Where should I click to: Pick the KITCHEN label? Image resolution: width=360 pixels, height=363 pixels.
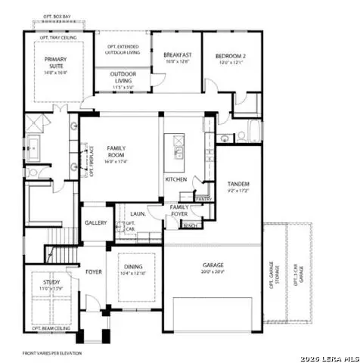pyautogui.click(x=176, y=179)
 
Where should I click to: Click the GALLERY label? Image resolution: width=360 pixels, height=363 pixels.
pyautogui.click(x=95, y=223)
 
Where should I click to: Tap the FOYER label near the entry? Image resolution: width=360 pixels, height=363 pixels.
pyautogui.click(x=93, y=271)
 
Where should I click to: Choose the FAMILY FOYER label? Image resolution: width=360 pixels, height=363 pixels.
pyautogui.click(x=180, y=210)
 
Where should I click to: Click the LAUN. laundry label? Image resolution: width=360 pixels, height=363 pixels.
pyautogui.click(x=138, y=214)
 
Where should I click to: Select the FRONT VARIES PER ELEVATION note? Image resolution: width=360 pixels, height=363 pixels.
pyautogui.click(x=52, y=352)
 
